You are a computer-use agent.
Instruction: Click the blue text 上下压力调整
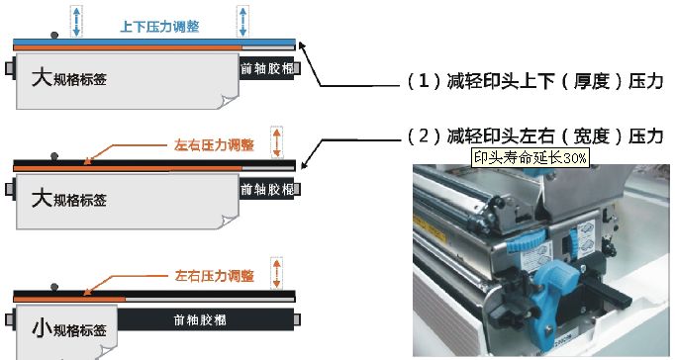click(x=159, y=27)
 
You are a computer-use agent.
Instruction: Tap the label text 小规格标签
click(x=69, y=329)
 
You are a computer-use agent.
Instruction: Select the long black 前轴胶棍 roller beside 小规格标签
click(x=206, y=319)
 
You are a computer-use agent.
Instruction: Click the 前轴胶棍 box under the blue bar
click(x=267, y=68)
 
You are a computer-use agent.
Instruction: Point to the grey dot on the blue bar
click(x=54, y=36)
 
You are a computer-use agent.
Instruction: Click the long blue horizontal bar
click(x=154, y=42)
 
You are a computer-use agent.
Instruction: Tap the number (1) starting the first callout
click(x=424, y=81)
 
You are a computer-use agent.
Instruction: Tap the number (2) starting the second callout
click(x=424, y=136)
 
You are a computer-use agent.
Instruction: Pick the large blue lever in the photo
click(x=548, y=294)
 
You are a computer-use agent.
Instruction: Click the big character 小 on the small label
click(x=42, y=328)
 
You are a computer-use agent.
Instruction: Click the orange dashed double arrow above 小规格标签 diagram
click(x=276, y=273)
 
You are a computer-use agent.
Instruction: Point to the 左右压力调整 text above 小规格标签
click(x=214, y=276)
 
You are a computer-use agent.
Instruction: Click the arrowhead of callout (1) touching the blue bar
click(x=301, y=45)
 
